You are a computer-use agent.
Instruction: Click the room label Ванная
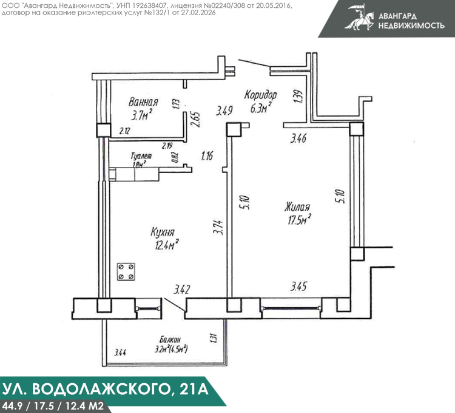coord(143,102)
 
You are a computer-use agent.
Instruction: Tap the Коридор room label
coord(261,95)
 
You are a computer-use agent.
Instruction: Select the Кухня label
coord(163,232)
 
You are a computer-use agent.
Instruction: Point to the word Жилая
coord(297,206)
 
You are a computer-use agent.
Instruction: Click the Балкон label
coord(170,340)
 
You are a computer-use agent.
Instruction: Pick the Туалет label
coord(141,156)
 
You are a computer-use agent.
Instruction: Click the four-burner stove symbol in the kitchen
coord(126,271)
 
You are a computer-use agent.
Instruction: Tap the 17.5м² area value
coord(300,220)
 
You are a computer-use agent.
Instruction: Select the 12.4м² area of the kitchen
coord(167,245)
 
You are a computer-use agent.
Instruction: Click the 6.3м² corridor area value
coord(261,108)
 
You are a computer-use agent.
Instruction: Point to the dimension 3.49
coord(224,111)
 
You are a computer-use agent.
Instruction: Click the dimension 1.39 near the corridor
coord(298,96)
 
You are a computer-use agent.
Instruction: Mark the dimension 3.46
coord(298,138)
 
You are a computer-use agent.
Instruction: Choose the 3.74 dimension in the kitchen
coord(218,227)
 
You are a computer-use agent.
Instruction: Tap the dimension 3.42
coord(181,290)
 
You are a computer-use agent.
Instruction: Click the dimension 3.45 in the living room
coord(298,287)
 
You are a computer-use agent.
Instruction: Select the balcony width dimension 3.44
coord(120,353)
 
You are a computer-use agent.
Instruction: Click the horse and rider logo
coord(360,17)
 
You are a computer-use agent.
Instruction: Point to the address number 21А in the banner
coord(194,389)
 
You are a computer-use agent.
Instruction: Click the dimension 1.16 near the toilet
coord(207,156)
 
